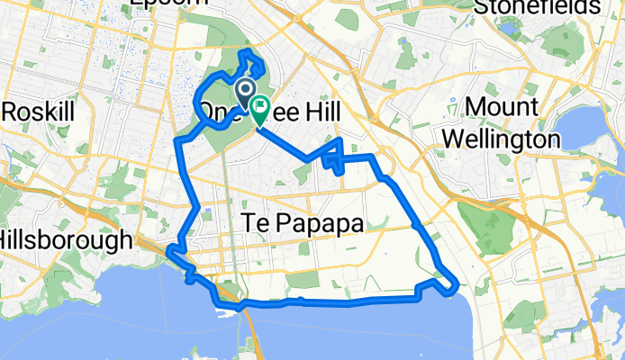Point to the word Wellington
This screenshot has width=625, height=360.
point(510,139)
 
